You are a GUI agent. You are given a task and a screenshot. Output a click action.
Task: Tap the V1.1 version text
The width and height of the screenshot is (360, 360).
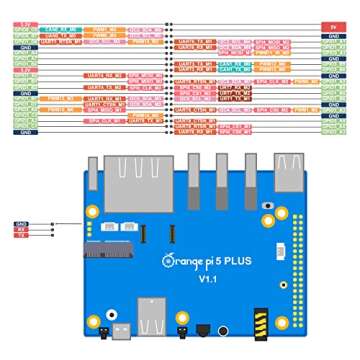207,281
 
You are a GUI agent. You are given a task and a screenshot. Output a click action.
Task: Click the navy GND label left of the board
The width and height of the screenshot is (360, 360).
21,226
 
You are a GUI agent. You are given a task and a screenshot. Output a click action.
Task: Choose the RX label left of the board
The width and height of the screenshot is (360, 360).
21,232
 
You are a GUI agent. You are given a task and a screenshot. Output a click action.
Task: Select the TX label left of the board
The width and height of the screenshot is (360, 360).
21,238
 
